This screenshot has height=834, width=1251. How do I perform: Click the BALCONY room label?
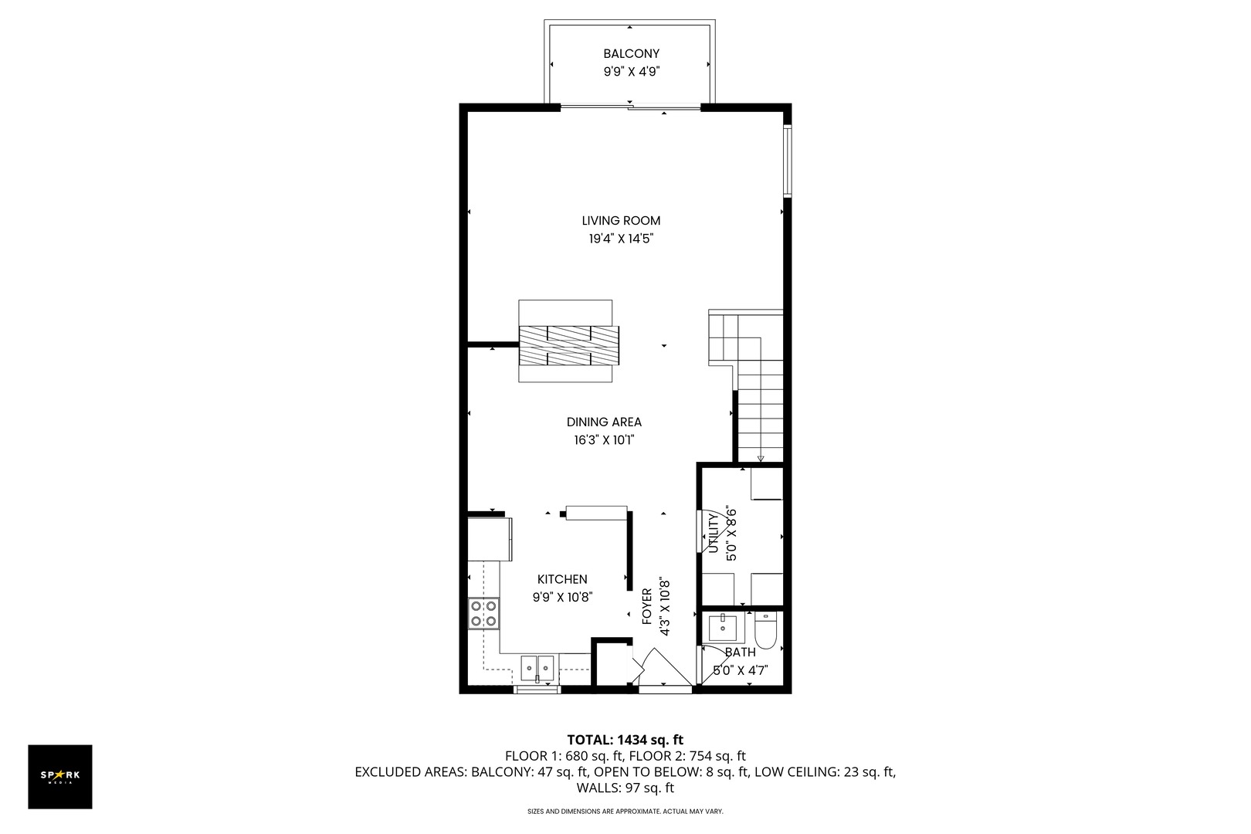point(631,53)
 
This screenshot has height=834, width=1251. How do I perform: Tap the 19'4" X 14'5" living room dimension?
point(622,239)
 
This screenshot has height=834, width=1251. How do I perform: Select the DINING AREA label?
point(604,422)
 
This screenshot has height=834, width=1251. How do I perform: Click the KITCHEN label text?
point(562,579)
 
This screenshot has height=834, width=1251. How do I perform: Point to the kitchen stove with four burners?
point(483,613)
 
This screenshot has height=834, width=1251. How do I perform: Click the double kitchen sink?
point(537,665)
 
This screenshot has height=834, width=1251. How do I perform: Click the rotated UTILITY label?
point(713,534)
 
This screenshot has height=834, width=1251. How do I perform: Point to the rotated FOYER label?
point(647,606)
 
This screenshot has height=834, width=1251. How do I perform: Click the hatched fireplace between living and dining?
point(569,345)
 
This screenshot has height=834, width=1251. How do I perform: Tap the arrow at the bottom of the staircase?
point(761,459)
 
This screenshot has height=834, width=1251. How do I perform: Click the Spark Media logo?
point(60,776)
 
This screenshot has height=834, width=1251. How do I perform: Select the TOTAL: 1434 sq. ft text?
point(625,739)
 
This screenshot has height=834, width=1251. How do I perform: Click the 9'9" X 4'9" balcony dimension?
point(631,72)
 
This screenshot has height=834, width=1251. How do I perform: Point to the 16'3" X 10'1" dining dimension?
point(604,440)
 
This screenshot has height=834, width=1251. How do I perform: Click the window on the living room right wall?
point(787,160)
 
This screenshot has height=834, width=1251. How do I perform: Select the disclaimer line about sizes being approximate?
point(625,812)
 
